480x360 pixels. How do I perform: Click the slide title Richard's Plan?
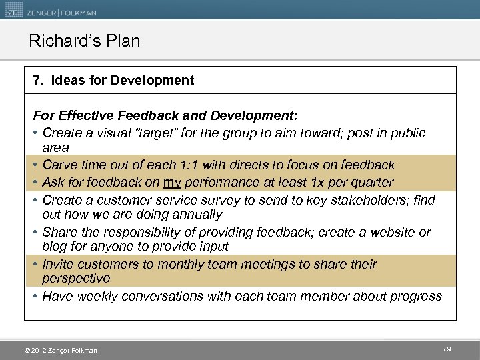point(85,41)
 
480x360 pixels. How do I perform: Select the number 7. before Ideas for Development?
point(38,81)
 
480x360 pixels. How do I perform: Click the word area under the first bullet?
point(55,147)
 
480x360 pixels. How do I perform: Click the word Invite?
point(58,264)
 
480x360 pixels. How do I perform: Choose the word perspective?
point(75,279)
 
